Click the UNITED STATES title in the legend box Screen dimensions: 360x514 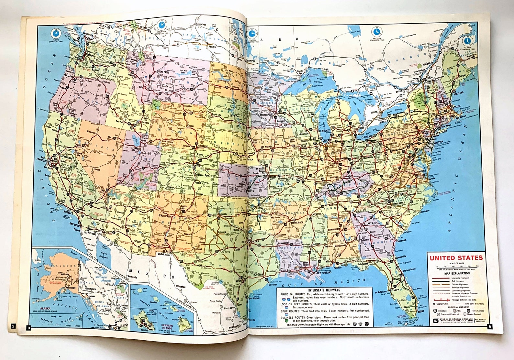456,258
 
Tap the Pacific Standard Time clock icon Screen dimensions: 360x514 56,33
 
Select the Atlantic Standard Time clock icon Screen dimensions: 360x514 467,41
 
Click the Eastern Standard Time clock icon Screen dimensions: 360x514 376,31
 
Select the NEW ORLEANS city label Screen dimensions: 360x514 324,273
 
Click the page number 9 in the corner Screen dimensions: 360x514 490,326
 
